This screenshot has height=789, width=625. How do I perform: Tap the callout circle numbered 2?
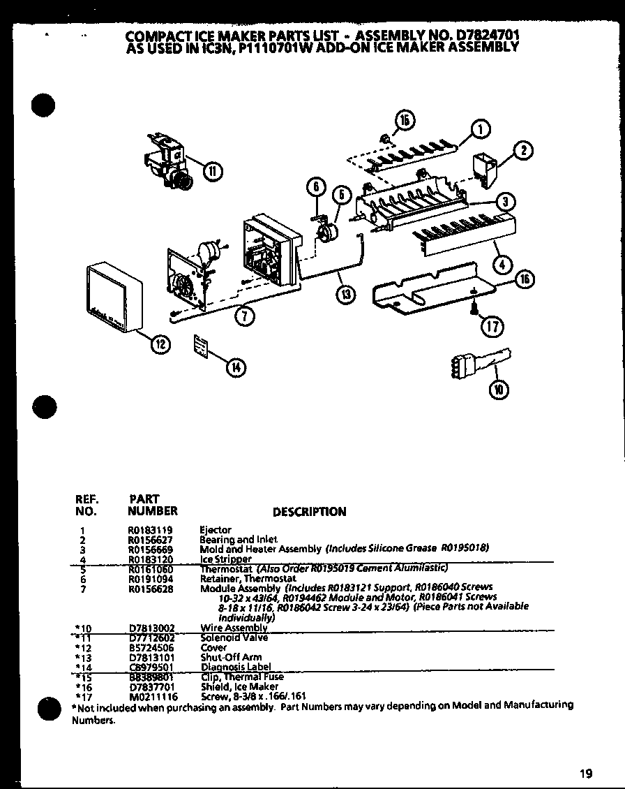click(524, 149)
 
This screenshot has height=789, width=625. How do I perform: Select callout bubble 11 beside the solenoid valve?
click(213, 170)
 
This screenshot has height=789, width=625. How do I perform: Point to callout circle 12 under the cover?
click(160, 343)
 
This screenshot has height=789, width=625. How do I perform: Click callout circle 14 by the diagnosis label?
click(237, 369)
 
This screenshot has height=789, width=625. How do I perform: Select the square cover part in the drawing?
click(113, 297)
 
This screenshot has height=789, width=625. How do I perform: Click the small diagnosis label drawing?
click(202, 346)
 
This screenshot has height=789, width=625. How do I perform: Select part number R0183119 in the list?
click(149, 530)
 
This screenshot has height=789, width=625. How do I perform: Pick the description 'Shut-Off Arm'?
click(221, 657)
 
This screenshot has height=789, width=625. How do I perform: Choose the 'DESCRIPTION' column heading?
click(309, 512)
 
